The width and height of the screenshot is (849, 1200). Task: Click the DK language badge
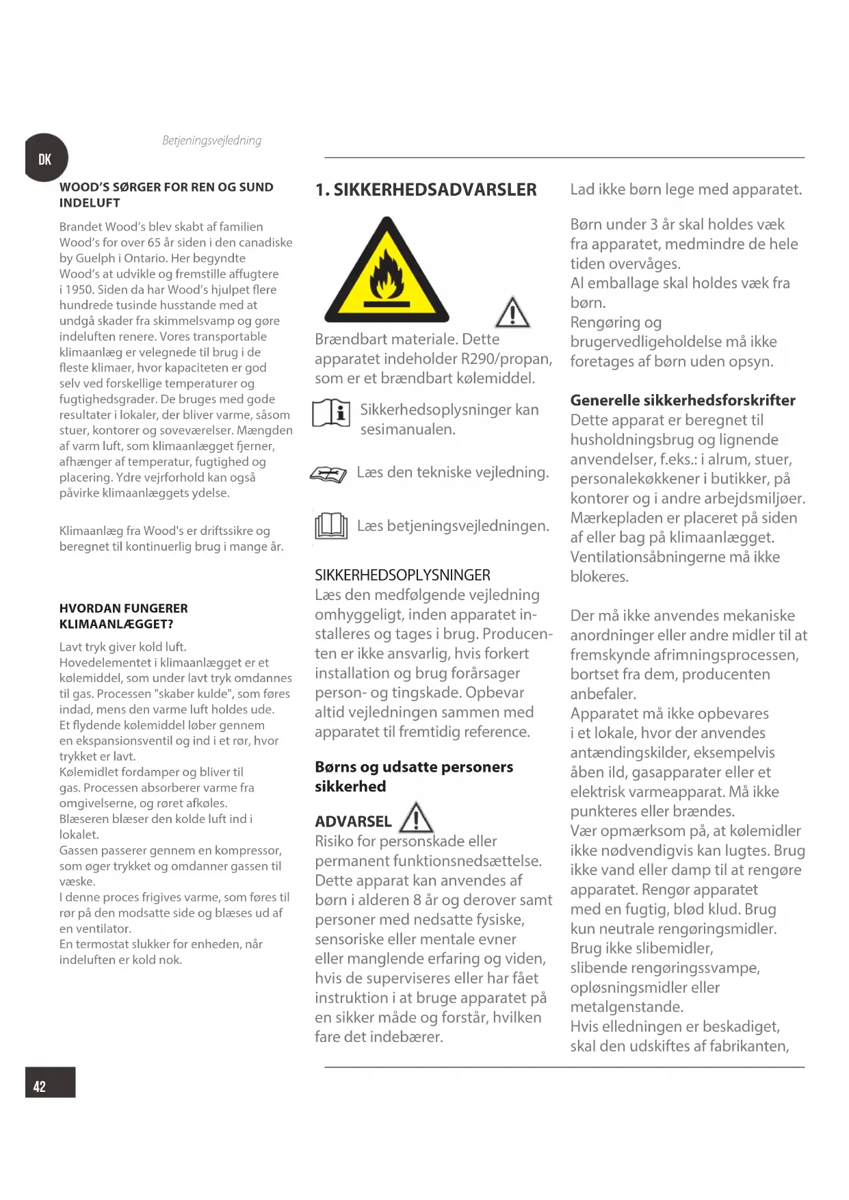point(45,159)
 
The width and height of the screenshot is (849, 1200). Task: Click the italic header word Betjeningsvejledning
point(211,141)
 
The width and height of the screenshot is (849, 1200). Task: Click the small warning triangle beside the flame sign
point(512,313)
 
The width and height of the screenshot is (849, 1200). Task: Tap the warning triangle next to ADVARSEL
point(416,818)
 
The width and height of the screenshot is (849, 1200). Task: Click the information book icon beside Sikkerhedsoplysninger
point(331,414)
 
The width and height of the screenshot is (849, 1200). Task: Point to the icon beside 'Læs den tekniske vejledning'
point(329,474)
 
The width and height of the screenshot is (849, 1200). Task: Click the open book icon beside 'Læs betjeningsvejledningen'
point(331,526)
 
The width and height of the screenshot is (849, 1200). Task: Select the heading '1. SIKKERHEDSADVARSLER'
point(426,190)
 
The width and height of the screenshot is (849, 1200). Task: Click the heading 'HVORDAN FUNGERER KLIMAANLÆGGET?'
point(123,616)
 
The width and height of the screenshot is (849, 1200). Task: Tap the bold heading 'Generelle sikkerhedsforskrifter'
point(683,400)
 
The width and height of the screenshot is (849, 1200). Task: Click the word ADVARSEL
point(353,822)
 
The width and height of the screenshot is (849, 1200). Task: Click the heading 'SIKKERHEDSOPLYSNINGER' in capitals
point(402,575)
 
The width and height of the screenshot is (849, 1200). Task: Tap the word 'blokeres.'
point(599,577)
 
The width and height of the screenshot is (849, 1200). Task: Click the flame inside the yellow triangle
point(387,274)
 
